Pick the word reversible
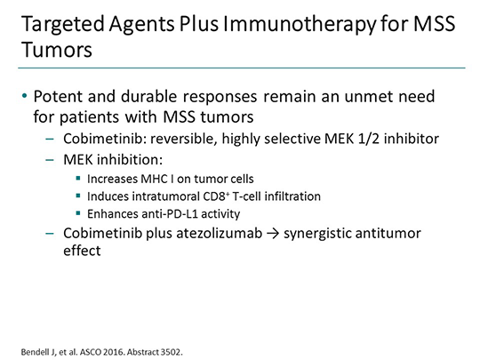[x=176, y=140]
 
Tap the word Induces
[x=107, y=196]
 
